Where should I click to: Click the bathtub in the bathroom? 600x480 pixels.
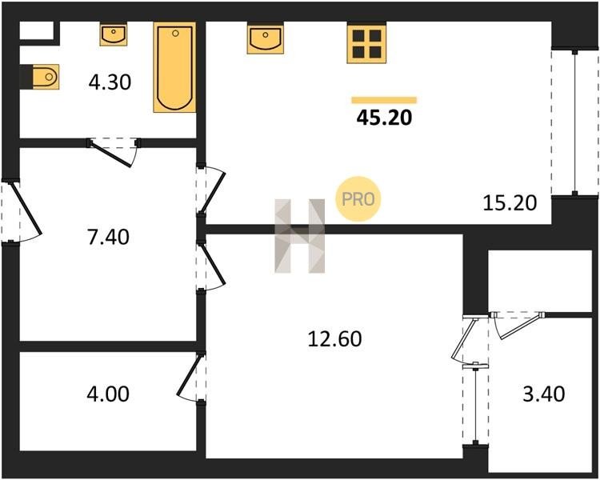pos(174,67)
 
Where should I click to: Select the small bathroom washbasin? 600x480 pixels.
pos(114,34)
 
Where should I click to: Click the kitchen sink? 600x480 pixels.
pos(265,38)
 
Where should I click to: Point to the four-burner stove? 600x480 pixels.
pos(366,42)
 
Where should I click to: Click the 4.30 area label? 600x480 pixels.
pos(110,82)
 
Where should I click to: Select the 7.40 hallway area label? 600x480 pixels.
pos(108,237)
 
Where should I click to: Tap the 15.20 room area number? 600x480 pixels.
pos(510,203)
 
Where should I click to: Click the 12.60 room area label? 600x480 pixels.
pos(334,339)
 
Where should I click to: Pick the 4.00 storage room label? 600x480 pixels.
pos(108,394)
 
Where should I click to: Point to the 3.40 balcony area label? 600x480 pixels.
pos(544,394)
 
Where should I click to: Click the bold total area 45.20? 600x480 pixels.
pos(384,118)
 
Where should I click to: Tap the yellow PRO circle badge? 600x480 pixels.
pos(358,198)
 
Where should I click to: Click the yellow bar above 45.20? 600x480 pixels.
pos(384,100)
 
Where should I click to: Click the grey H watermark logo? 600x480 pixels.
pos(300,236)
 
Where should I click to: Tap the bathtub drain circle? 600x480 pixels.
pos(175,34)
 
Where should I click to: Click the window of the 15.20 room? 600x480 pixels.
pos(574,122)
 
